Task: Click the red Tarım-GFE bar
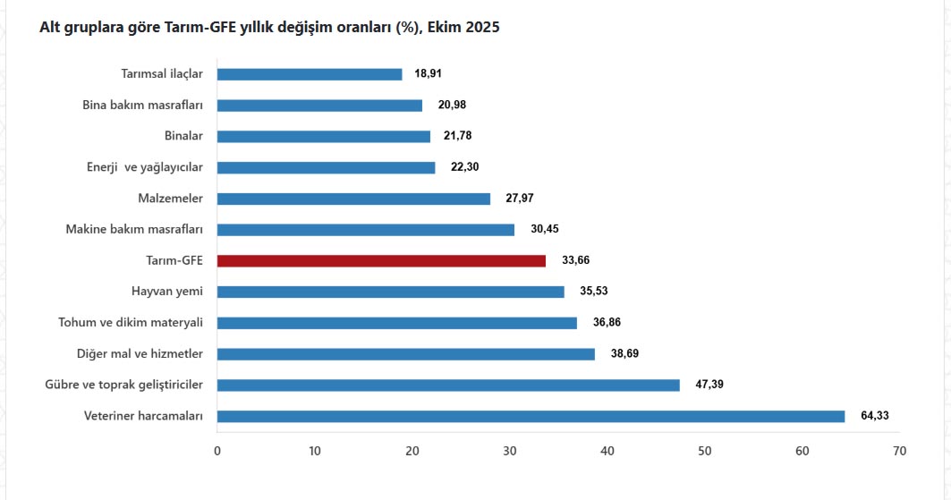point(381,260)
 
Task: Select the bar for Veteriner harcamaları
point(531,416)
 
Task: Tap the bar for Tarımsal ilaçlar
point(310,74)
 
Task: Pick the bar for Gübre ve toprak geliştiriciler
point(448,385)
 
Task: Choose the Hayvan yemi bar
point(391,292)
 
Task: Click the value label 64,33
point(874,416)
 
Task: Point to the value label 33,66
point(575,260)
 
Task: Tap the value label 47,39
point(709,385)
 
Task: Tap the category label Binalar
point(183,136)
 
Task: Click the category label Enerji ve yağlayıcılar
point(145,167)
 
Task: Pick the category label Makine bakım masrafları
point(134,230)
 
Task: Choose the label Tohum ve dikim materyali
point(131,323)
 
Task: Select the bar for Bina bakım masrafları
point(319,106)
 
